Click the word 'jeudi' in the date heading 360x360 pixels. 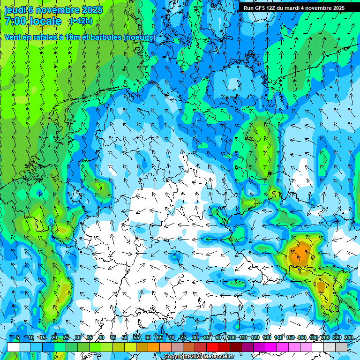[15, 10]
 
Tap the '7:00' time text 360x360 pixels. [15, 21]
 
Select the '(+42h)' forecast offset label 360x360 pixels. [81, 21]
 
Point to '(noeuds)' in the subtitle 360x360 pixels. [139, 37]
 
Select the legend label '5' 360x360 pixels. [18, 337]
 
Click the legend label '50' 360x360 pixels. [125, 337]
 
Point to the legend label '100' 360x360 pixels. [232, 337]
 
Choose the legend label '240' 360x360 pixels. [349, 337]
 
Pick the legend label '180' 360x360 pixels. [314, 337]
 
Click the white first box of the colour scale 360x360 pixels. [13, 347]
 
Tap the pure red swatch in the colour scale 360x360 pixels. [212, 347]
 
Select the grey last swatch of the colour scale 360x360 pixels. [341, 347]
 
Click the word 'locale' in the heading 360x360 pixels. [45, 21]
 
